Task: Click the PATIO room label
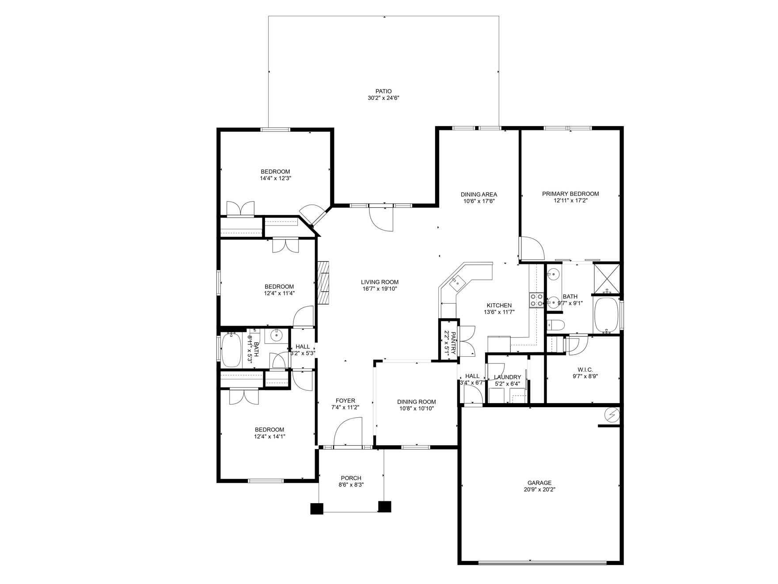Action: [x=383, y=92]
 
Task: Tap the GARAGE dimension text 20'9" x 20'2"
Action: [x=539, y=489]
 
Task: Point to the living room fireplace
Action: [x=323, y=282]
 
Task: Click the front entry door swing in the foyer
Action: [x=348, y=433]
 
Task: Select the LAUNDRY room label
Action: [x=507, y=377]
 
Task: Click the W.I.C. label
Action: [x=585, y=370]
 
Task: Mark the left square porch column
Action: [x=316, y=508]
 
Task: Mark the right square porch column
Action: [x=385, y=506]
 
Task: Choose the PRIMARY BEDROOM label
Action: [x=570, y=194]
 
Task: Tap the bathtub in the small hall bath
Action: [x=231, y=350]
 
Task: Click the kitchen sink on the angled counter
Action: [x=456, y=281]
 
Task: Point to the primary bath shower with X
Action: [x=606, y=279]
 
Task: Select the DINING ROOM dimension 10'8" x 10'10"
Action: [x=416, y=408]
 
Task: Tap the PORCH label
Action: [x=351, y=478]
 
